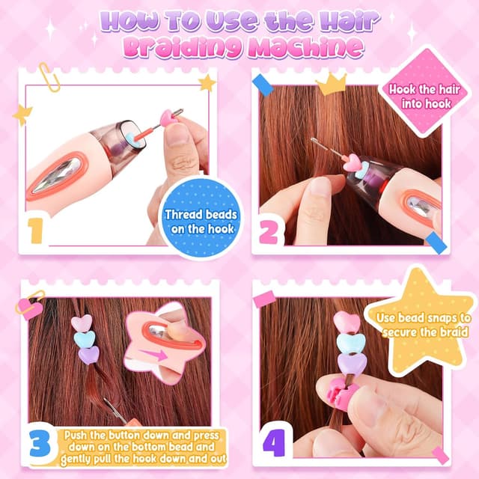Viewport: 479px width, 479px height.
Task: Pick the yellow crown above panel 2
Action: pyautogui.click(x=331, y=84)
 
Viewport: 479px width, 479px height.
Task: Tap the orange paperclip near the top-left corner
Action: pyautogui.click(x=49, y=77)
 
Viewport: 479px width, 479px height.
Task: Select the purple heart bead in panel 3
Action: pyautogui.click(x=88, y=355)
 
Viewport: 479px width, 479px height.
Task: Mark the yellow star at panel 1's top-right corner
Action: pyautogui.click(x=207, y=82)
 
